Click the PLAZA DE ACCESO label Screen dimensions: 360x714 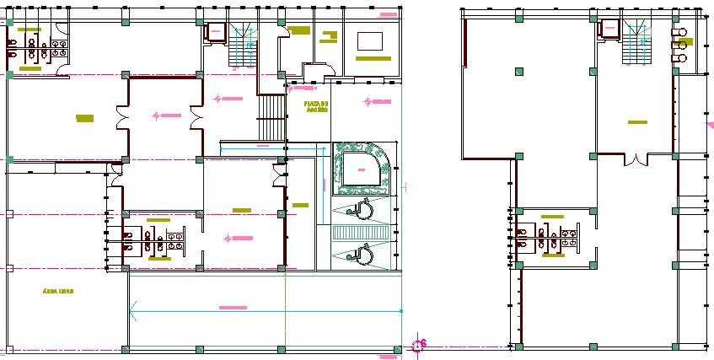(x=317, y=107)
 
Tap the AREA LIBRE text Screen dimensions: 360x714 (x=58, y=292)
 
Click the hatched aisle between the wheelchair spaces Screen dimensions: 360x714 (x=362, y=232)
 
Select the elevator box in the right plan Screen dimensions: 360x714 (x=609, y=30)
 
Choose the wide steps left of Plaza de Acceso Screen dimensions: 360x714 (x=271, y=118)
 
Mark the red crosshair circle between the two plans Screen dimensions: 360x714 (x=419, y=345)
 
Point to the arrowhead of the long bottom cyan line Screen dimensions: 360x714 (x=132, y=314)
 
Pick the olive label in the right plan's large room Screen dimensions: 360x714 (x=637, y=123)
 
